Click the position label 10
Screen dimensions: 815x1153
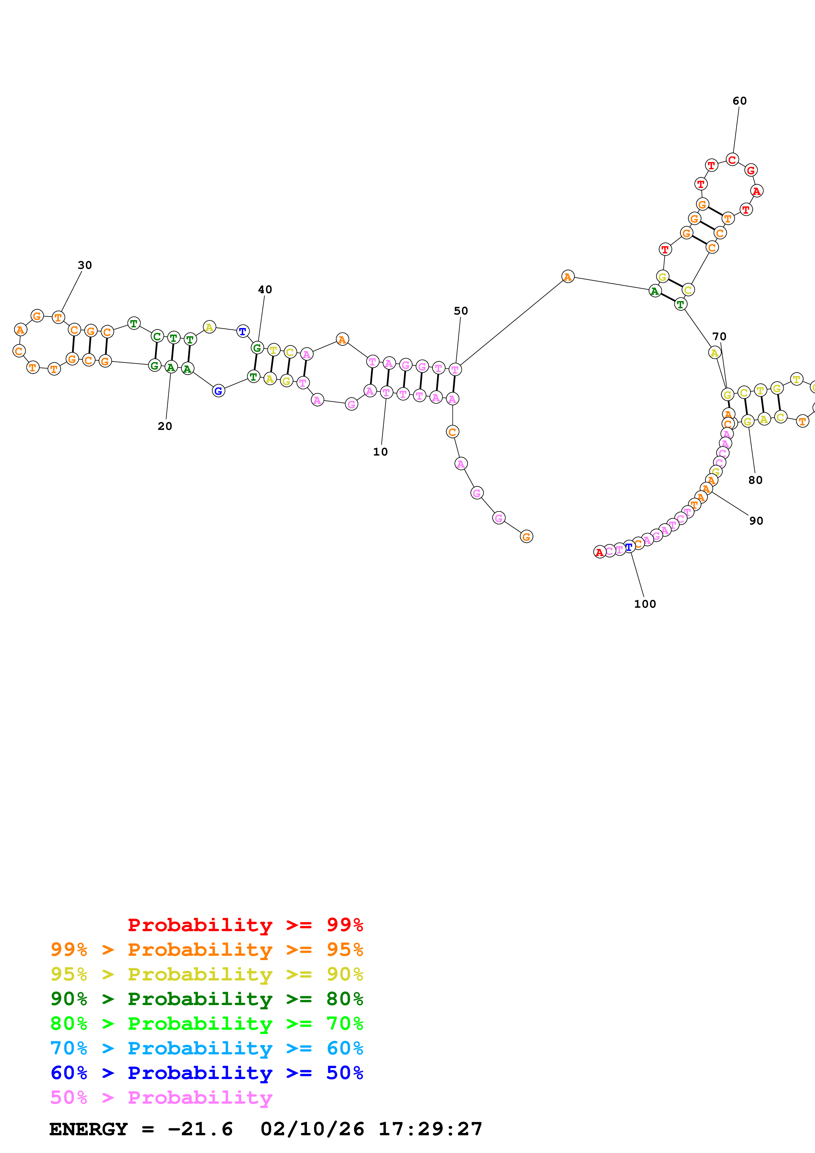[380, 452]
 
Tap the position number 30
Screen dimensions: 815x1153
[85, 265]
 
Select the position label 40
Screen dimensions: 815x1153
[265, 290]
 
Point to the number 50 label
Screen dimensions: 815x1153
[461, 311]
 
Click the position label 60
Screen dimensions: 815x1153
[739, 101]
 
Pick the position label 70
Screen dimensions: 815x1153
[719, 337]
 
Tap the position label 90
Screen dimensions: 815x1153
[756, 521]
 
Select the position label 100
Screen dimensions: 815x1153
[645, 604]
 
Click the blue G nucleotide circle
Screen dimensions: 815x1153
[218, 391]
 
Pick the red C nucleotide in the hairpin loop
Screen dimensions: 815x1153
[732, 160]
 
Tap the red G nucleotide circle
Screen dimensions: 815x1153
[751, 170]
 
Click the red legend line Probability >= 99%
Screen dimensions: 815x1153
[245, 925]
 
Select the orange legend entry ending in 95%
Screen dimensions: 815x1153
[206, 950]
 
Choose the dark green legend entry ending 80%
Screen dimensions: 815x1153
[206, 999]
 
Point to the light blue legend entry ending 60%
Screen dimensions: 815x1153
[206, 1048]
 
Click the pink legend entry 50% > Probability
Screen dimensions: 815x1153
[161, 1097]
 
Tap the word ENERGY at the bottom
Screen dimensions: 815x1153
[88, 1129]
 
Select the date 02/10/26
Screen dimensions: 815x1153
[312, 1129]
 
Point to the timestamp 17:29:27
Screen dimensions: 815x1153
[430, 1129]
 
